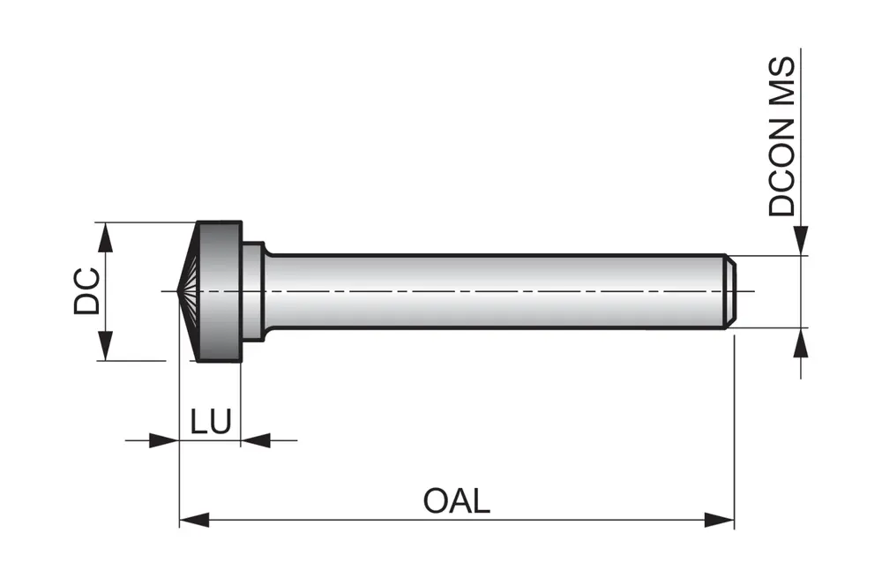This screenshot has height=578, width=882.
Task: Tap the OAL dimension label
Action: pos(456,501)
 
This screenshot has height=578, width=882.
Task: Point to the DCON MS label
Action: pos(782,137)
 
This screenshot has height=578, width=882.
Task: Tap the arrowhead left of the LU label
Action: pos(163,439)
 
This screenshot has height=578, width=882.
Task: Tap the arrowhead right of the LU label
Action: pos(256,439)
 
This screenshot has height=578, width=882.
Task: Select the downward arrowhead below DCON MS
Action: pos(801,241)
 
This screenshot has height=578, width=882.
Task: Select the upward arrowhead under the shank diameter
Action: pos(801,343)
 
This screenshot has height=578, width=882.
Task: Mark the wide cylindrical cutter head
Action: pos(220,290)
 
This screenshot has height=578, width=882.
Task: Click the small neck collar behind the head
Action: pos(253,290)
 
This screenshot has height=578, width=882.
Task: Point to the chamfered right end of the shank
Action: pos(730,292)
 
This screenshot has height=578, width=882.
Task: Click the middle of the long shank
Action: pos(494,292)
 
